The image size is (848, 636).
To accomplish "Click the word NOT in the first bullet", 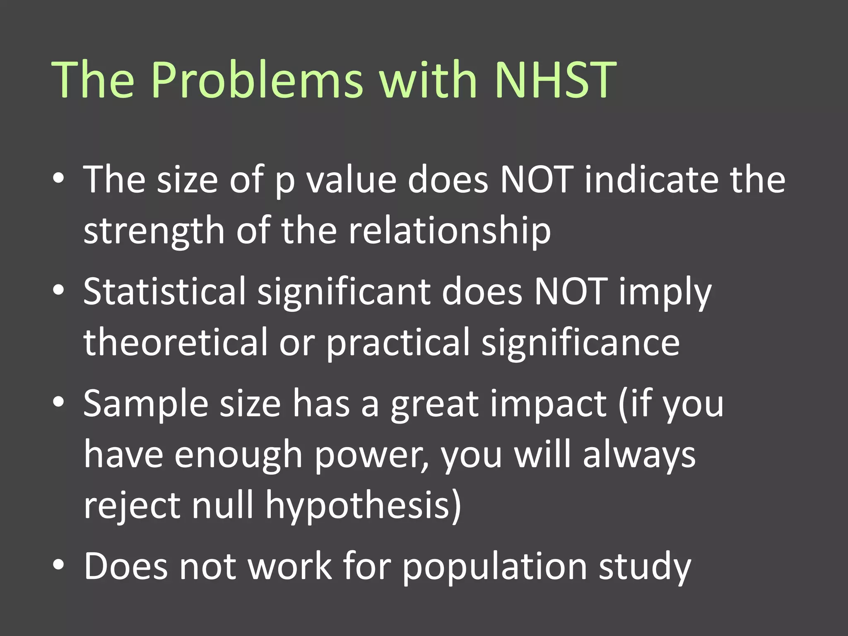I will click(537, 180).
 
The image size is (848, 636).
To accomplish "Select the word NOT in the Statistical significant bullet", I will click(571, 292).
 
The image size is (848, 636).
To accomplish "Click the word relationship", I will click(450, 231).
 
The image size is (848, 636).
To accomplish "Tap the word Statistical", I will click(165, 292).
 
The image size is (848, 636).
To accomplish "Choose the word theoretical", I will click(176, 343).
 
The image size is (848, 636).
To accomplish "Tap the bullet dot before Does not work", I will click(58, 565).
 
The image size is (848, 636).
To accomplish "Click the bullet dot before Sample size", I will click(58, 402).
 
